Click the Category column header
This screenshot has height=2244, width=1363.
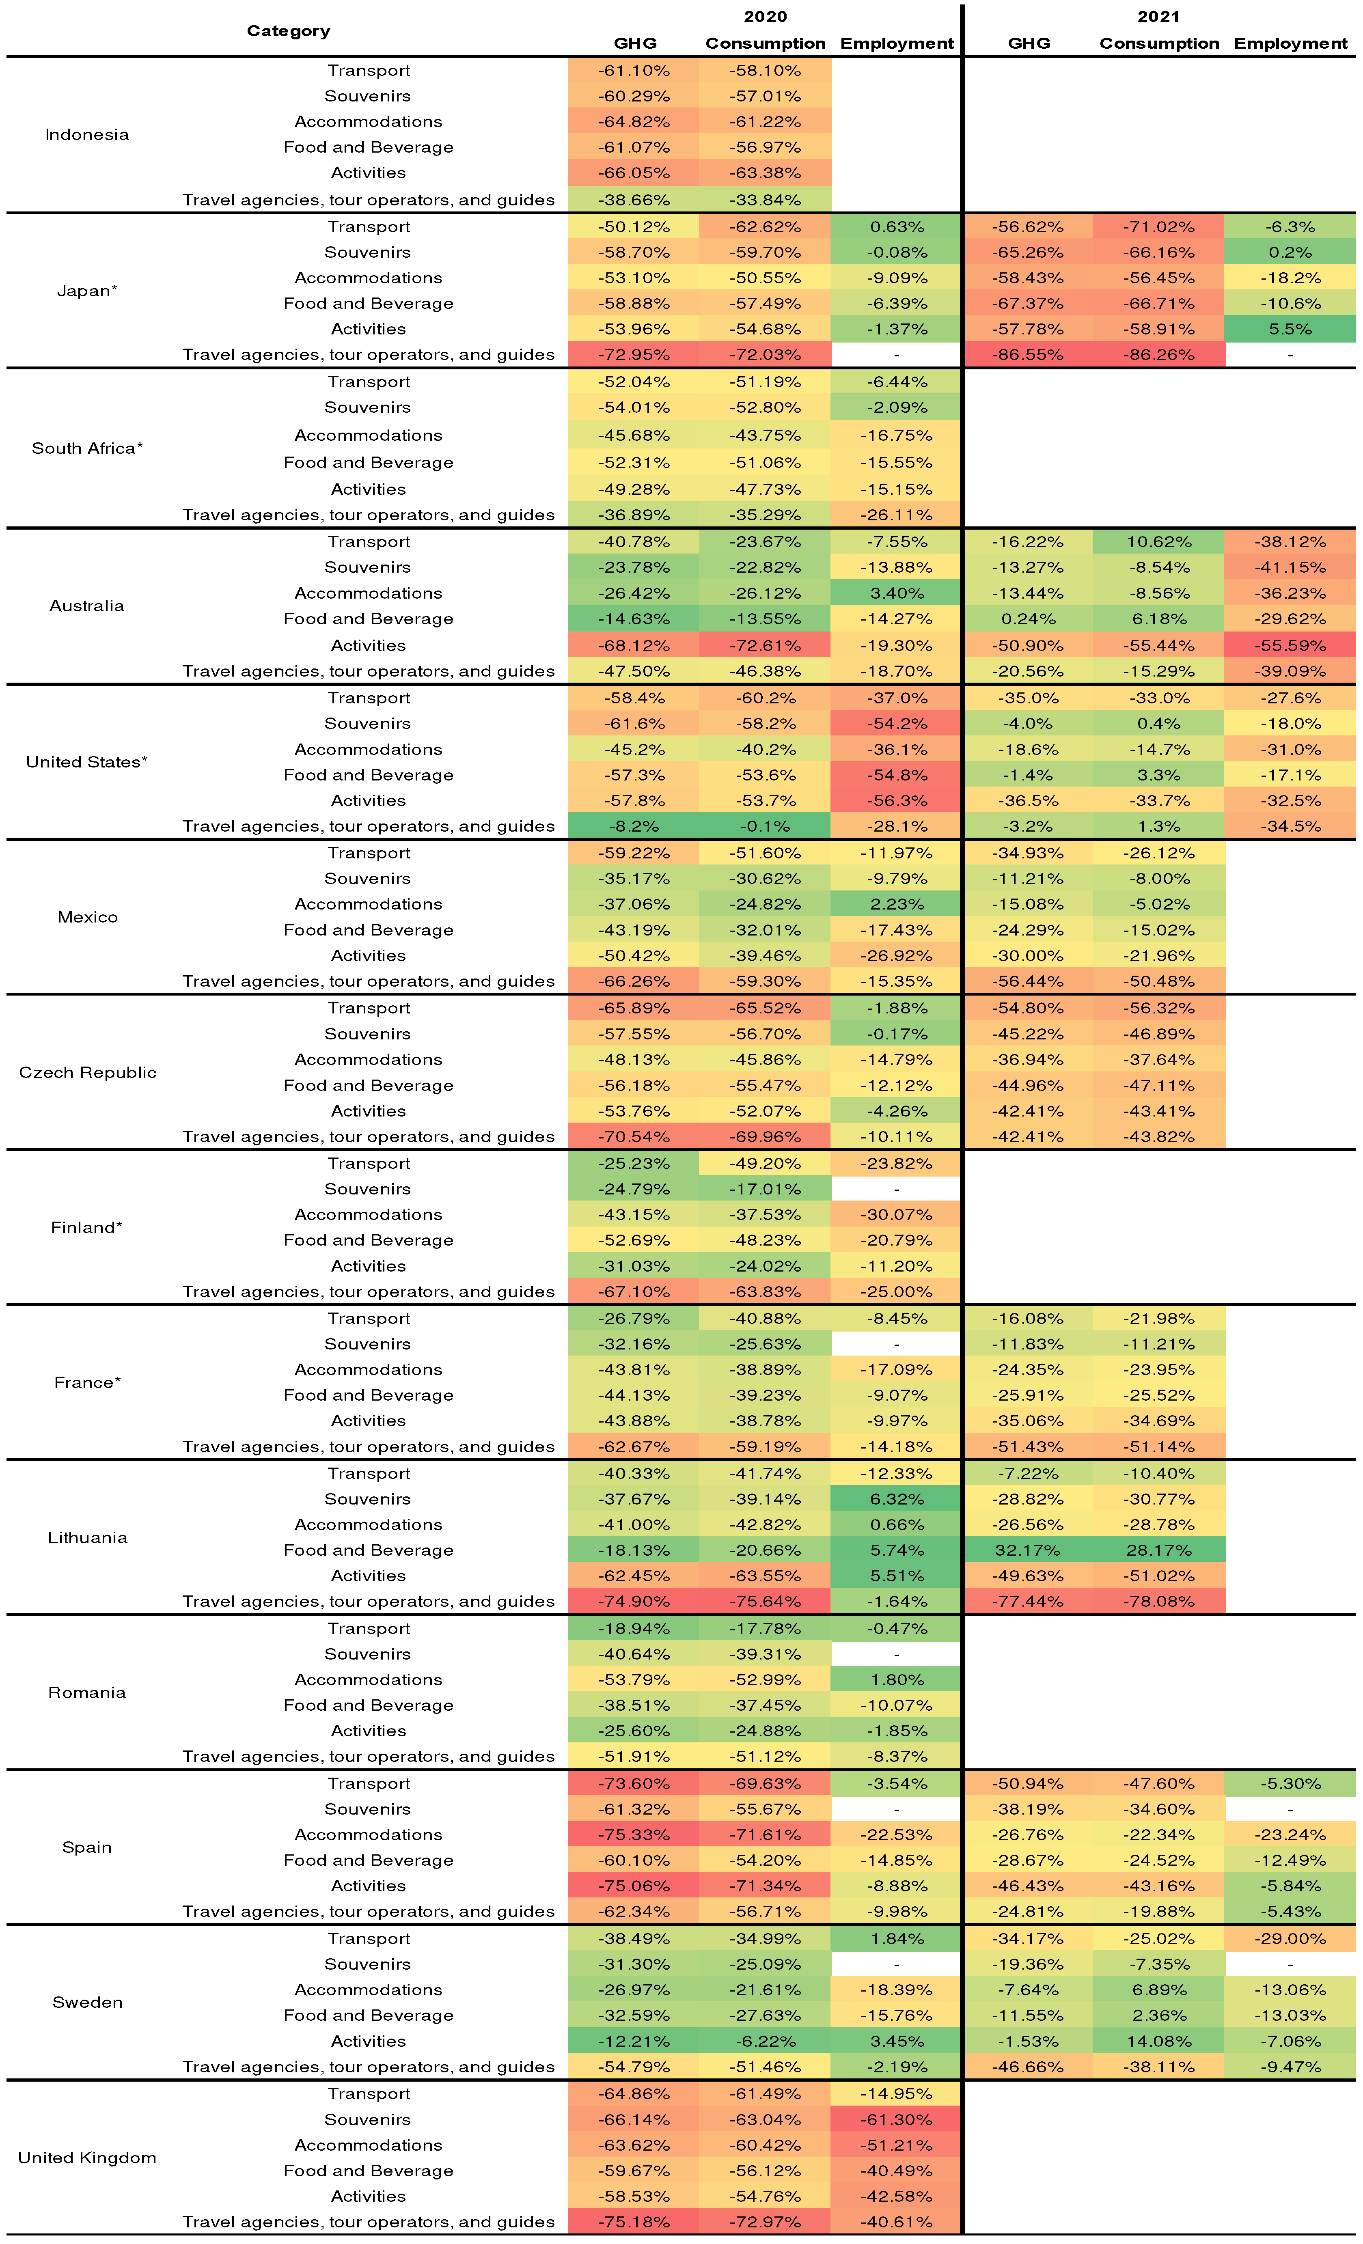[288, 31]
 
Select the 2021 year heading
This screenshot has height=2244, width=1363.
[1158, 16]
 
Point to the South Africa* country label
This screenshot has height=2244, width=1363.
[86, 448]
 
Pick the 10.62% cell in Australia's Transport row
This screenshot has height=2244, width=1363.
[1158, 542]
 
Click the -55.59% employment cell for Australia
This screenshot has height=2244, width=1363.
[1290, 645]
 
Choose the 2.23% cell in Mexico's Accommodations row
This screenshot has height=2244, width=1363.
[897, 904]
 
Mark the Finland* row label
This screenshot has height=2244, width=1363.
[86, 1228]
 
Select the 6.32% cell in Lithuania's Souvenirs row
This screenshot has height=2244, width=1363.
[897, 1499]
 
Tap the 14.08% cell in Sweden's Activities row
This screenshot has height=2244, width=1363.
[1158, 2041]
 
